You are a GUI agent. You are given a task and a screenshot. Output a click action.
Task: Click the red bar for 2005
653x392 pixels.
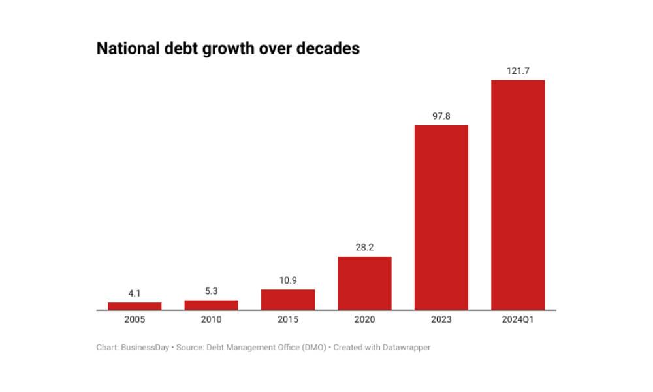point(135,306)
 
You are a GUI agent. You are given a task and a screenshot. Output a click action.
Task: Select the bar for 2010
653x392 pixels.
point(211,304)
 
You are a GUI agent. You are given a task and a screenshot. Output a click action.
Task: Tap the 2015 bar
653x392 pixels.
point(288,299)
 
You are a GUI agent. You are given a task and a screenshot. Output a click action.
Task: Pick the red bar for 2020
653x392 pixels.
point(364,283)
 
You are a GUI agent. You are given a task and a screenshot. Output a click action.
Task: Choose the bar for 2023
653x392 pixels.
point(441,217)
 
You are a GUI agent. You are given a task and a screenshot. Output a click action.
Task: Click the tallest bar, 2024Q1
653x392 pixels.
point(518,195)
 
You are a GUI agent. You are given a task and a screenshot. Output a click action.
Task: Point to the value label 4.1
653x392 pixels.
point(135,294)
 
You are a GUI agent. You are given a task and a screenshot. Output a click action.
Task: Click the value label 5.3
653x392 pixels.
point(211,291)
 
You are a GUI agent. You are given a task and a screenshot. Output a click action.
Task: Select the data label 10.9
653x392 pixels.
point(288,281)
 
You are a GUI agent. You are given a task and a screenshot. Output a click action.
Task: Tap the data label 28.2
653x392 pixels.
point(364,248)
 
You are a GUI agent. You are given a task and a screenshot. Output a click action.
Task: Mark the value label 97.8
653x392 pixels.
point(441,116)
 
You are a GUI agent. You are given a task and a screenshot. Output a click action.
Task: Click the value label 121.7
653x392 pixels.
point(518,71)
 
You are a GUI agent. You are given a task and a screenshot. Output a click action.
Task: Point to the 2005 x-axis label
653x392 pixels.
point(135,320)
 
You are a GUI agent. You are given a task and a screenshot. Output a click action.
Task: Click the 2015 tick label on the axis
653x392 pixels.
point(288,320)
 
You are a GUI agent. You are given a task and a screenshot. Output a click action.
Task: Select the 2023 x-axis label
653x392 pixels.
point(441,320)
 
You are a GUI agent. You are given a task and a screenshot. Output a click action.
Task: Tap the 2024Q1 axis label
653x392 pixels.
point(518,320)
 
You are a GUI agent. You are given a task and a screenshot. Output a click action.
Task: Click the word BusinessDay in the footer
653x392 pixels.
point(146,348)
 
